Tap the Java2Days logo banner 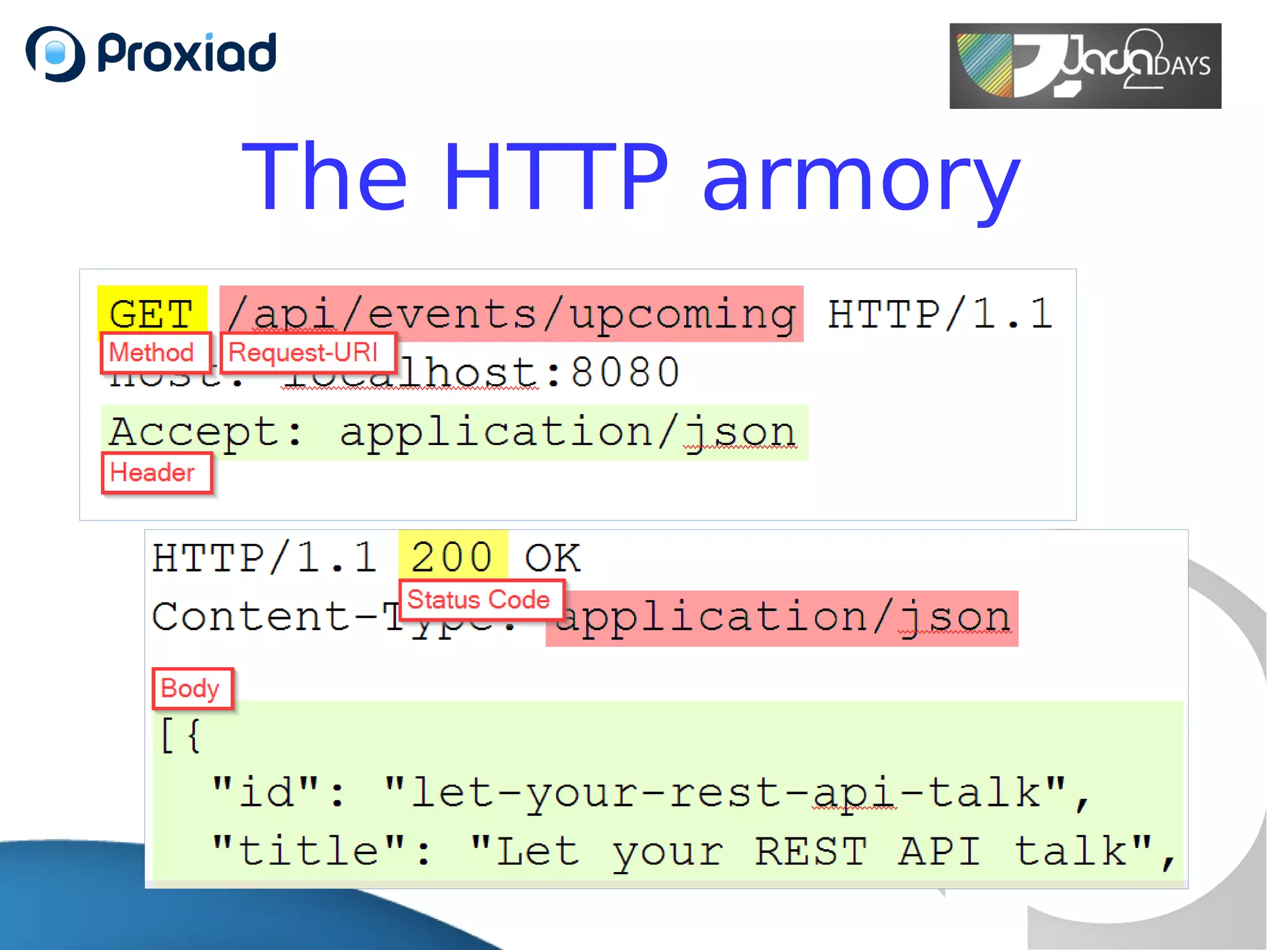(x=1085, y=66)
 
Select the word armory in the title (x=861, y=179)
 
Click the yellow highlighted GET (x=152, y=313)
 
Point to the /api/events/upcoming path (x=511, y=314)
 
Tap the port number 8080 (x=625, y=373)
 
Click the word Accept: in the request (x=206, y=431)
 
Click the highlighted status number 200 (x=452, y=556)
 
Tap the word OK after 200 (x=552, y=558)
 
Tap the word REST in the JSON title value (x=811, y=850)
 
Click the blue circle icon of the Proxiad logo (x=55, y=53)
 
